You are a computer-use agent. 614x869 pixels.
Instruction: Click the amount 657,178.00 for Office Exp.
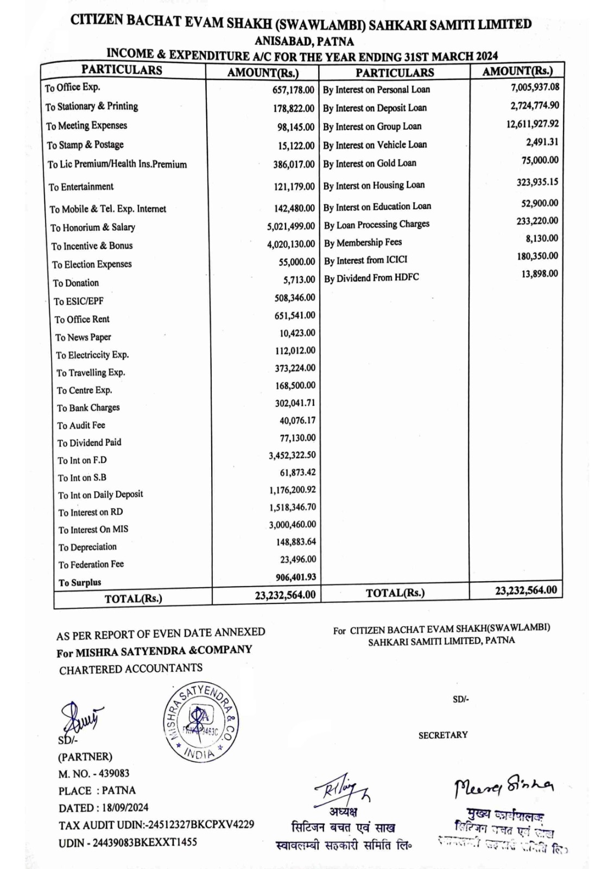pos(293,90)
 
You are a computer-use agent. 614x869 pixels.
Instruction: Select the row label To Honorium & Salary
pos(93,228)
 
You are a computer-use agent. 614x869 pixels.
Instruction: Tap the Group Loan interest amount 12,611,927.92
pos(532,124)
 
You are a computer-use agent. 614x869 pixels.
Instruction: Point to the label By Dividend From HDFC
pos(371,278)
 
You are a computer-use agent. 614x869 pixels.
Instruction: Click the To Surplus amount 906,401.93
pos(295,577)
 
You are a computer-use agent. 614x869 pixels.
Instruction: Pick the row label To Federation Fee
pos(91,564)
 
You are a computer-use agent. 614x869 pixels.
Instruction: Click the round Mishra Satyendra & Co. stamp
pos(201,721)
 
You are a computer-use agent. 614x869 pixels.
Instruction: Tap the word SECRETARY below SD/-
pos(442,735)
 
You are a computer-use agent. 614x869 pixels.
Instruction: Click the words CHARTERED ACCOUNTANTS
pos(131,669)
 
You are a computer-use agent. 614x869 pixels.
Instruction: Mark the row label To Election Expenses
pos(92,265)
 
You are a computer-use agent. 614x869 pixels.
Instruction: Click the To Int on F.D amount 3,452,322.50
pos(292,455)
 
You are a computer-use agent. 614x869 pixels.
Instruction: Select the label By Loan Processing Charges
pos(377,224)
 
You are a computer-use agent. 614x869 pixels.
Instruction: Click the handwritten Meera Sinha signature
pos(503,785)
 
